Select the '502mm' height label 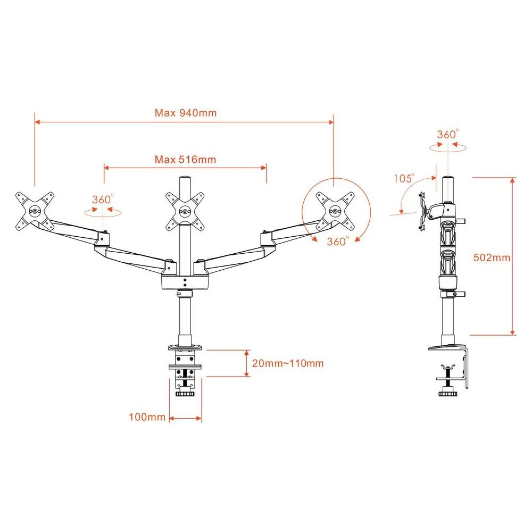(x=492, y=257)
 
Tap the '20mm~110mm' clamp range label (x=288, y=364)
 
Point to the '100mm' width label (x=147, y=417)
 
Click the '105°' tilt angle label (x=404, y=178)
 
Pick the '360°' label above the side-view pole (x=447, y=134)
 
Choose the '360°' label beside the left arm (x=103, y=199)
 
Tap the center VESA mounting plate (x=185, y=211)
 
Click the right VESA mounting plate (x=335, y=210)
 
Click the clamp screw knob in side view (x=447, y=394)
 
